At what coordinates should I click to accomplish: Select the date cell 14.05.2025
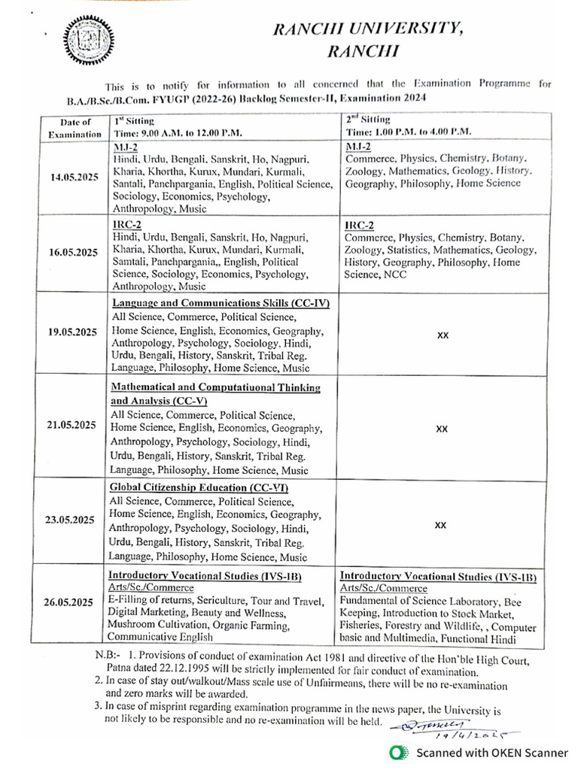(x=75, y=177)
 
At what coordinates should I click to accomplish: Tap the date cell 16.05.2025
(x=75, y=253)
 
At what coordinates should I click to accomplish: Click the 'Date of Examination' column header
(x=75, y=128)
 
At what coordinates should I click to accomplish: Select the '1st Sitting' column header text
(x=134, y=120)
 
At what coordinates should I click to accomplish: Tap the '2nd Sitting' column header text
(x=368, y=120)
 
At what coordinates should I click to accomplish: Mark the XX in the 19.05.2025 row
(x=443, y=335)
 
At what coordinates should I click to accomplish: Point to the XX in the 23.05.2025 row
(x=443, y=526)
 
